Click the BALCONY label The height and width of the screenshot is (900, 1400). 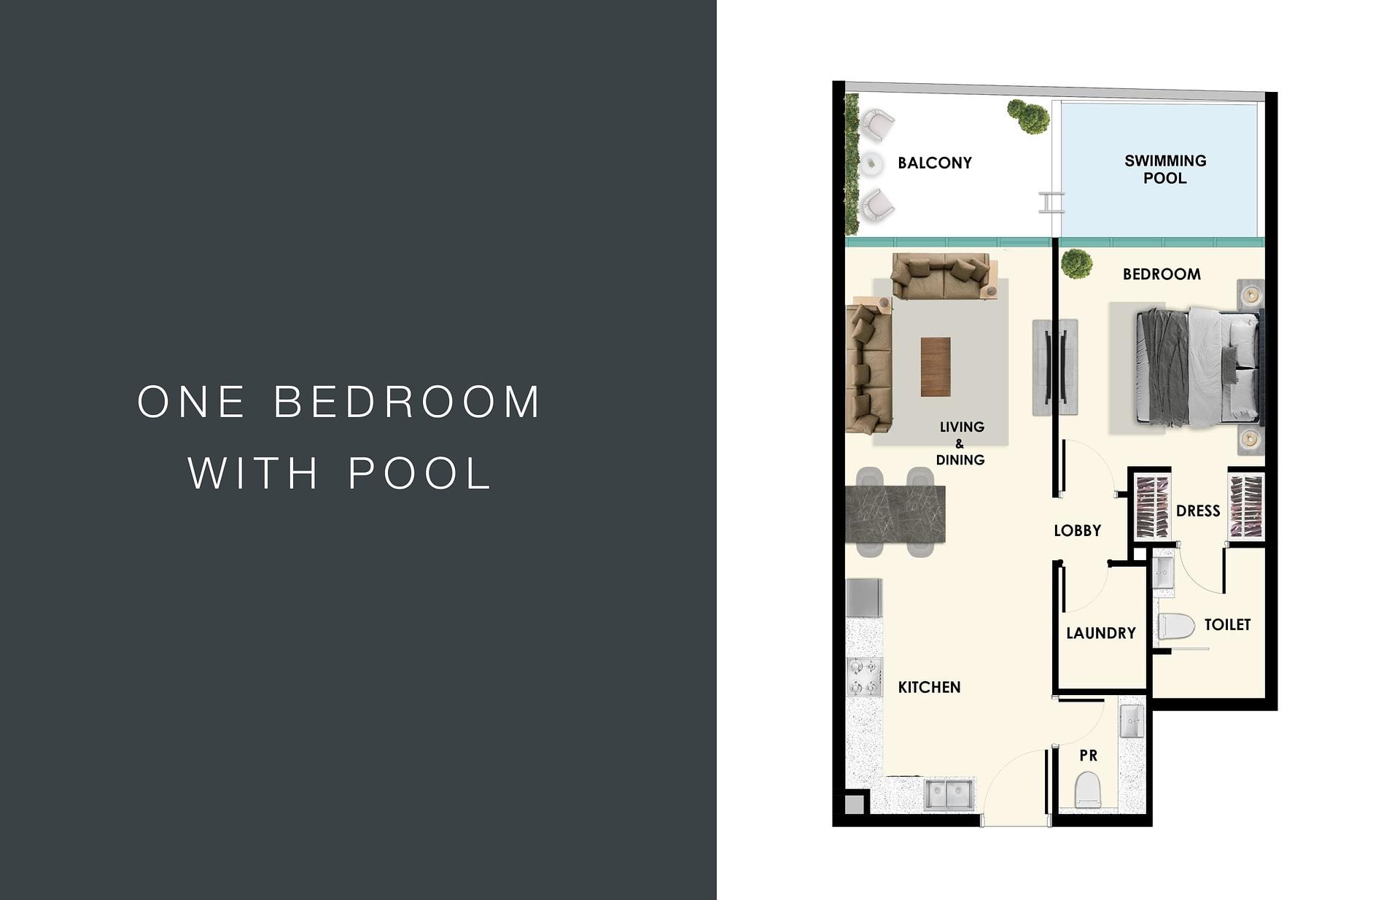click(935, 163)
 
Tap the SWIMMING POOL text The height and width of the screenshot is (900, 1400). click(1165, 169)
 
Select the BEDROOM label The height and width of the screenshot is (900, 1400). click(1162, 274)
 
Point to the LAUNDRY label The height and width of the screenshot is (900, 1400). click(1101, 633)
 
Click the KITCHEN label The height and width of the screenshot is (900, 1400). click(929, 687)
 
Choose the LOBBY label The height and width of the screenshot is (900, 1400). click(1077, 530)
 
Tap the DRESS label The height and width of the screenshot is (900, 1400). click(1198, 511)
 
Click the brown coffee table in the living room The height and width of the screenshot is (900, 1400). click(936, 367)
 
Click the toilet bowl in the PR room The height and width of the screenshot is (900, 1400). click(1087, 790)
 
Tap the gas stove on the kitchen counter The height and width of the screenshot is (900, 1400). click(864, 676)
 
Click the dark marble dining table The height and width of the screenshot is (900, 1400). click(895, 513)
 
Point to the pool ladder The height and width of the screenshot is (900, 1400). click(1051, 203)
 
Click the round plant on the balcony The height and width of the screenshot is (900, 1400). click(1028, 117)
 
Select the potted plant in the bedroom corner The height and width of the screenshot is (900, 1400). click(1076, 263)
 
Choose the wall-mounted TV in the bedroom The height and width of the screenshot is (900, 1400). click(1055, 367)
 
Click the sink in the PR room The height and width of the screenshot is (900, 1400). click(1132, 721)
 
